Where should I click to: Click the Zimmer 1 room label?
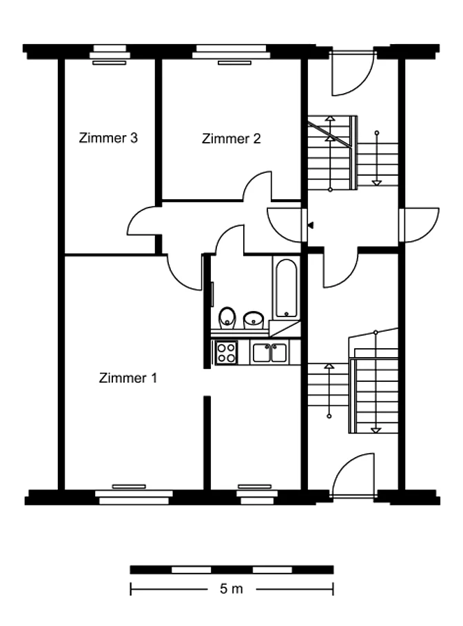tap(127, 378)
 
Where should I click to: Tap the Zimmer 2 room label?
tap(231, 139)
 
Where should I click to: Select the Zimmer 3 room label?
tap(108, 138)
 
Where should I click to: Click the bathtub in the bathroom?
tap(286, 288)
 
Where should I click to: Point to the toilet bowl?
tap(227, 318)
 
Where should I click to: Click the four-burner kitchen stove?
tap(226, 352)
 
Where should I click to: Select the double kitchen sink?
tap(270, 352)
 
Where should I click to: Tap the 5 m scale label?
tap(231, 589)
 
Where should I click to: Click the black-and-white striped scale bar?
tap(231, 569)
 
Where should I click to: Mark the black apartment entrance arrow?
tap(311, 225)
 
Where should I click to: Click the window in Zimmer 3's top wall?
tap(110, 52)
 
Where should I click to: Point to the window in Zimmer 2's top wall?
tap(231, 52)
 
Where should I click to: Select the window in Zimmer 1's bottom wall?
tap(134, 497)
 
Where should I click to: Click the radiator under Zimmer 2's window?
tap(235, 63)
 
